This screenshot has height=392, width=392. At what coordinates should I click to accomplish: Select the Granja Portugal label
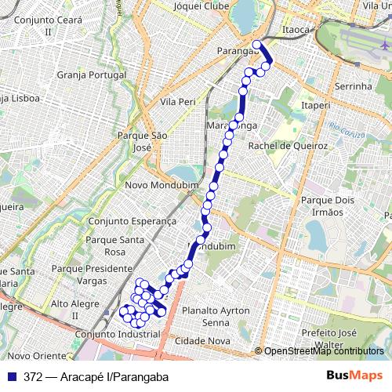pos(92,76)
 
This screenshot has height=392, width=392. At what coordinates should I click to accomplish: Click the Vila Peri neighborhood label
pos(177,103)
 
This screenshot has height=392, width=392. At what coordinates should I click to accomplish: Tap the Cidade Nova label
pos(202,342)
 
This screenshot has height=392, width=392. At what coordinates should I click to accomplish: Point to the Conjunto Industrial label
pos(114,333)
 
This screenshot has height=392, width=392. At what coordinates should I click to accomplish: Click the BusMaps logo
pos(354,376)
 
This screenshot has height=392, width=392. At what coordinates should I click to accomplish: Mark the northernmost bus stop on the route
pos(256,45)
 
